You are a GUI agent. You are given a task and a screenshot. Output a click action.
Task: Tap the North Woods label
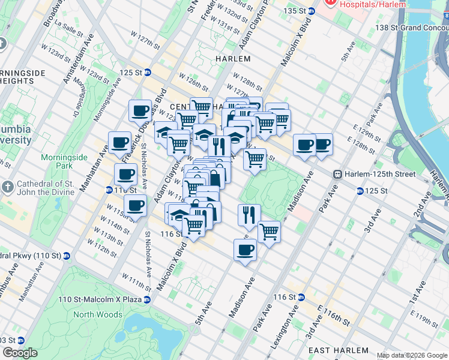[x=97, y=314]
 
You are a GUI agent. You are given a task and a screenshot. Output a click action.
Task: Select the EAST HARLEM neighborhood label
[x=339, y=350]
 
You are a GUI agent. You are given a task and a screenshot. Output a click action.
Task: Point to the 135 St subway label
[x=299, y=11]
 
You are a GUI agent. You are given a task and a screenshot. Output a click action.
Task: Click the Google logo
[x=19, y=353]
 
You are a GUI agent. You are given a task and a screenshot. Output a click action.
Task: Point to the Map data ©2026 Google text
[x=412, y=355]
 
